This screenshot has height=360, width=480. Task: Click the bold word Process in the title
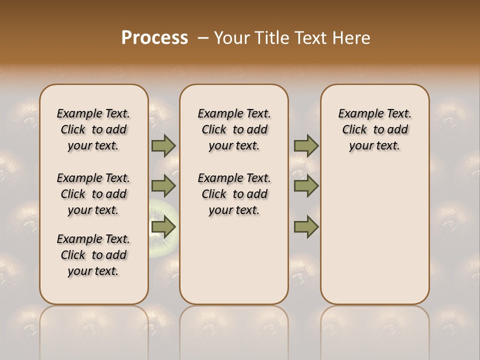point(154,38)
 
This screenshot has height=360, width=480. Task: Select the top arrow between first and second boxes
point(163,145)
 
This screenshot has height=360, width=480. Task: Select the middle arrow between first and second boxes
point(163,186)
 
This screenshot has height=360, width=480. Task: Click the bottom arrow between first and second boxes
point(163,226)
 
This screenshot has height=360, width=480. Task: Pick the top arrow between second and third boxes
point(306,145)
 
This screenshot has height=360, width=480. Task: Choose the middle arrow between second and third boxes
point(306,186)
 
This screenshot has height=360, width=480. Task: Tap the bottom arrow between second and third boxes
point(306,226)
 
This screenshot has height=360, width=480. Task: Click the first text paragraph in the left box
point(93,129)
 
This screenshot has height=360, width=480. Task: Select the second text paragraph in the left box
point(93,194)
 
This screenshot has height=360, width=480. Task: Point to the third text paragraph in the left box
point(93,255)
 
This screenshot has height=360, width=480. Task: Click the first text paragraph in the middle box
point(234,129)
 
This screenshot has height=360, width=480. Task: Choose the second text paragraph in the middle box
point(234,194)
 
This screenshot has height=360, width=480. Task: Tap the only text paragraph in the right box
point(374,129)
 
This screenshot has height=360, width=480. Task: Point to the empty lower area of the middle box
point(234,260)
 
